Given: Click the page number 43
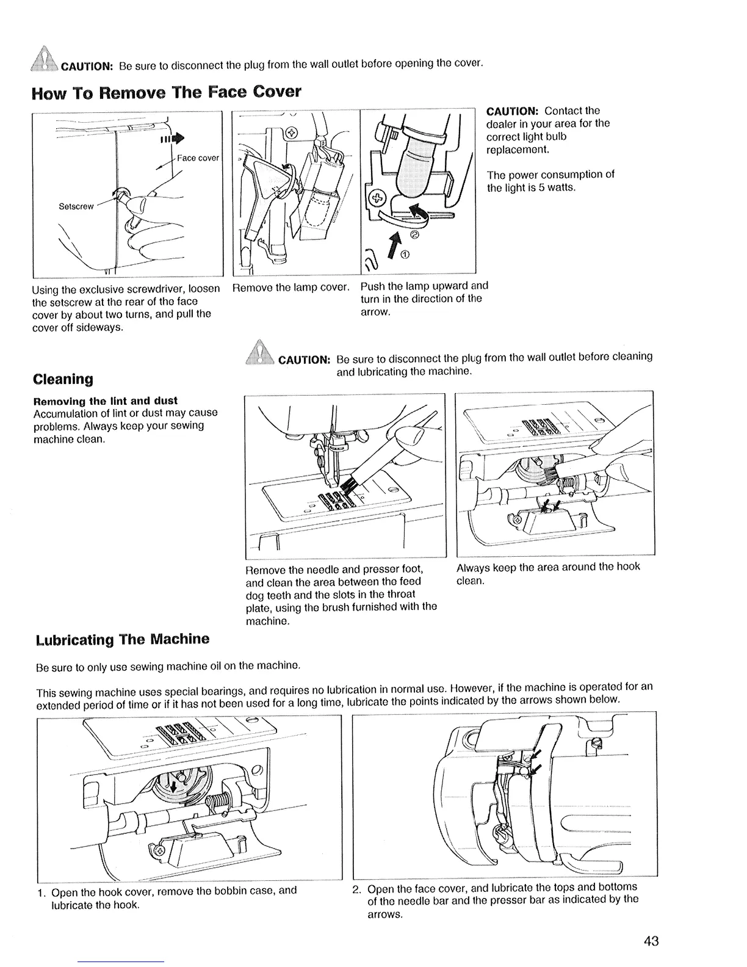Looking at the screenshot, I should tap(651, 941).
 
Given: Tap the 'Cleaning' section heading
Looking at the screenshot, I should tap(63, 379).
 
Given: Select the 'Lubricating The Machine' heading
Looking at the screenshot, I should tap(121, 639).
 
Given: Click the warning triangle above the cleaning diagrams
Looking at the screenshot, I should tap(258, 355).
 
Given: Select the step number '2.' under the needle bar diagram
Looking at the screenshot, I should tap(358, 887).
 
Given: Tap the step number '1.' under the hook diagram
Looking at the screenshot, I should tap(41, 892).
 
